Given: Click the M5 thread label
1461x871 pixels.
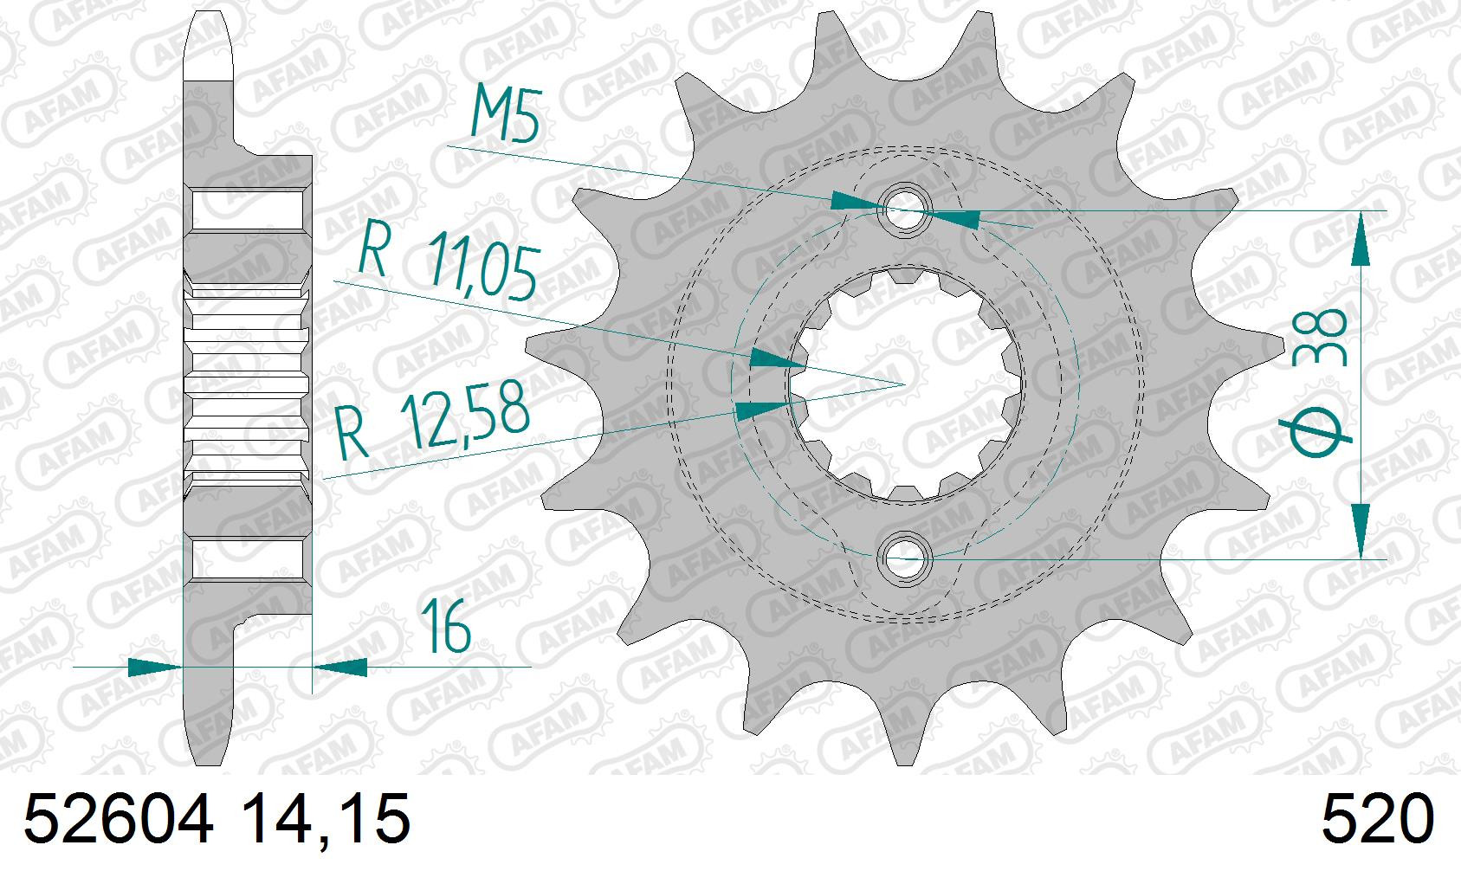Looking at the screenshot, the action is click(506, 113).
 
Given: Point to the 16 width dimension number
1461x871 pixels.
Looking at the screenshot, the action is click(446, 626).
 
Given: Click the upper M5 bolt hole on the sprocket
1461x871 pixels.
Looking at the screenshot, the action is click(905, 210).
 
